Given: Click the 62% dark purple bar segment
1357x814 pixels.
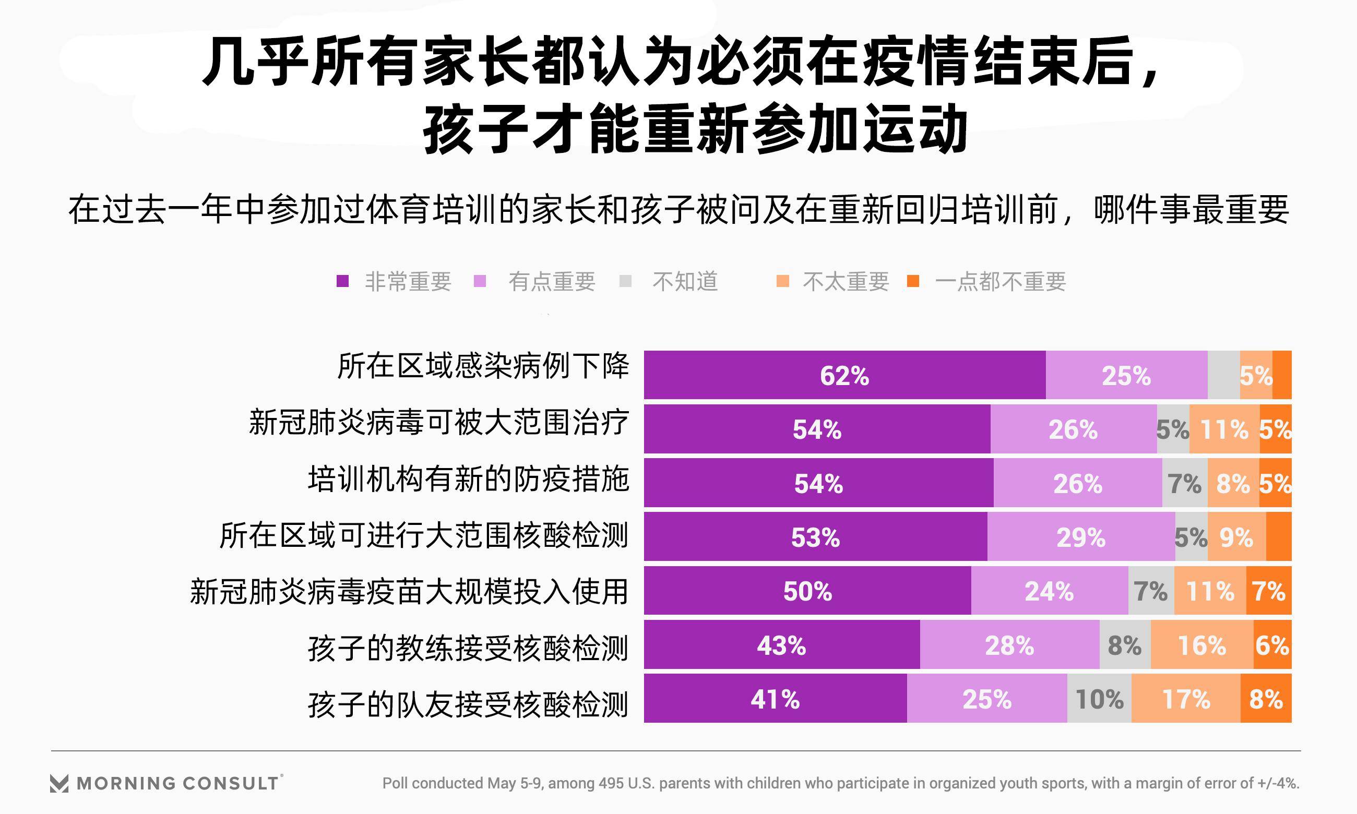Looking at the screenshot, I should (844, 375).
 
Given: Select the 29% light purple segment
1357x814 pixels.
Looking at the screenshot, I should (1080, 536).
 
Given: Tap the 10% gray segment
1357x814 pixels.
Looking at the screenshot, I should (1099, 698).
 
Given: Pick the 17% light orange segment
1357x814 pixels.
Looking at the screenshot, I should (1185, 698).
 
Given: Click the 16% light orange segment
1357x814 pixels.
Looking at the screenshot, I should (1201, 644).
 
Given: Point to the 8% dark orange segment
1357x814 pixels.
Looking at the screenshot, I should (1265, 698).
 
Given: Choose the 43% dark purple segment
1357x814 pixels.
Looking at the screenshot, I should (781, 644).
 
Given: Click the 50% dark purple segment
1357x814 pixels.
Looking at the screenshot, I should (807, 591).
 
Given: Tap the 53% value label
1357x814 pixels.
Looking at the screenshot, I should (815, 537).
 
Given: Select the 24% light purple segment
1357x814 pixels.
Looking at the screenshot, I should (1049, 591).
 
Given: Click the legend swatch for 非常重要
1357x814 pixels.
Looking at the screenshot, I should (343, 281).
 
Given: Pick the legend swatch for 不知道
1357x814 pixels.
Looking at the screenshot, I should (625, 281).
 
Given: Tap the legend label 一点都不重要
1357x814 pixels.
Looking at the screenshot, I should (1000, 281).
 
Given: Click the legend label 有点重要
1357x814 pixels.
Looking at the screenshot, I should (552, 281).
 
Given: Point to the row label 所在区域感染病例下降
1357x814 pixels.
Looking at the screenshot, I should (483, 366).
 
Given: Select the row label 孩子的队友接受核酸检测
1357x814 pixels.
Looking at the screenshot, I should (468, 704).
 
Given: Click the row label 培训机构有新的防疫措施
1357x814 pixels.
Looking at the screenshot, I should (468, 480).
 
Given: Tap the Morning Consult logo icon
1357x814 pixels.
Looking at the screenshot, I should (59, 783).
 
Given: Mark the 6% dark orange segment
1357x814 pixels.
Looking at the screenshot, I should (1272, 644).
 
